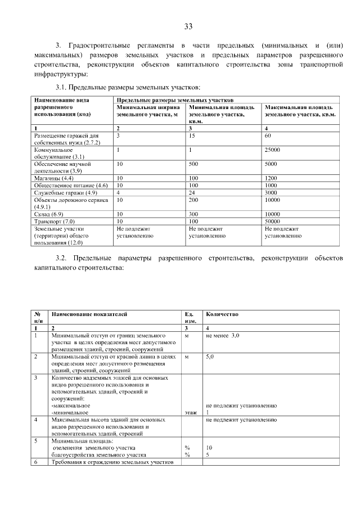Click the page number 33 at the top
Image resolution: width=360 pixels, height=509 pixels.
tap(188, 26)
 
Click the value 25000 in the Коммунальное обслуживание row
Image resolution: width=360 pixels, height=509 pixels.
tap(272, 150)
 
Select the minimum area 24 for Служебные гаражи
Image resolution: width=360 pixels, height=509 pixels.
tap(192, 192)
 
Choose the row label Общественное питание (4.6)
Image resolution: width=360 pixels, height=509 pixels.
tap(71, 185)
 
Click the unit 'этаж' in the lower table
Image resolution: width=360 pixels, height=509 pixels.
tap(190, 412)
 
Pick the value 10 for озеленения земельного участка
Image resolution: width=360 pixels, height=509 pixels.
tap(209, 448)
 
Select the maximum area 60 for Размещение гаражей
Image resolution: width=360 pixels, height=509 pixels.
tap(268, 136)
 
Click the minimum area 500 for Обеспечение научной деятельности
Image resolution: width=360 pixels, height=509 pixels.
tap(194, 164)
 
